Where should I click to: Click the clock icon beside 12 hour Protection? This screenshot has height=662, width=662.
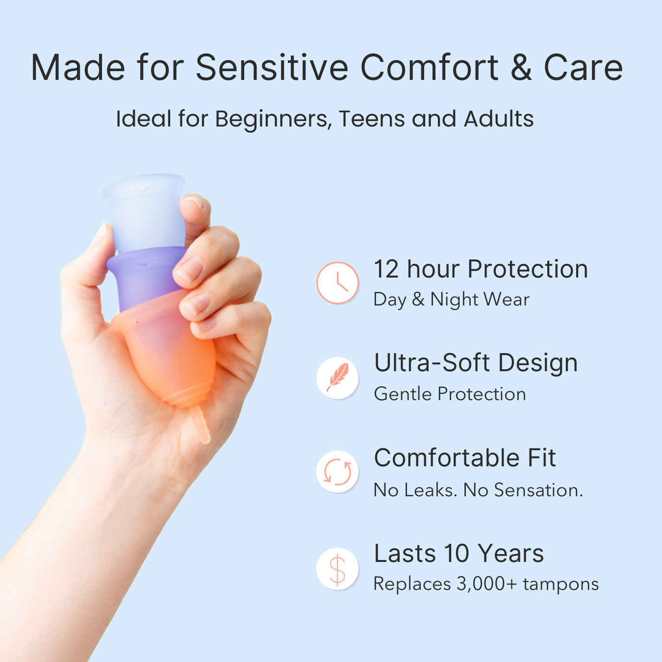coord(337,283)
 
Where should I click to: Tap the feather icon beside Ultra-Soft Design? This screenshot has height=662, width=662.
coord(337,378)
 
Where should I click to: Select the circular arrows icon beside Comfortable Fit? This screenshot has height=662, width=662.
coord(337,472)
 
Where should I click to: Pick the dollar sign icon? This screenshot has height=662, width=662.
coord(337,569)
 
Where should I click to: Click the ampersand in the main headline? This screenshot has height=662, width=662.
coord(521,68)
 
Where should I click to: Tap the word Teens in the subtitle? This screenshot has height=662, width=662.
coord(372,119)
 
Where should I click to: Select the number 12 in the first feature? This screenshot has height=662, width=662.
coord(386,269)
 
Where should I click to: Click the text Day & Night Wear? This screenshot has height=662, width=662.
coord(452,300)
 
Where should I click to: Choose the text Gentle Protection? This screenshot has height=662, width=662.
coord(450,394)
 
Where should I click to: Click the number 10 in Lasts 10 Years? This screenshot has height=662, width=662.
coord(457,554)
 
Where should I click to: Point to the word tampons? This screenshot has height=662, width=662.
coord(561,584)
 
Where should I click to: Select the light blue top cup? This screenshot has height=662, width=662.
coord(145,211)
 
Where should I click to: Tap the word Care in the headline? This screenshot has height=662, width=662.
coord(583,68)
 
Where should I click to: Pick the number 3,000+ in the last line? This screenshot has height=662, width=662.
coord(486,584)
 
